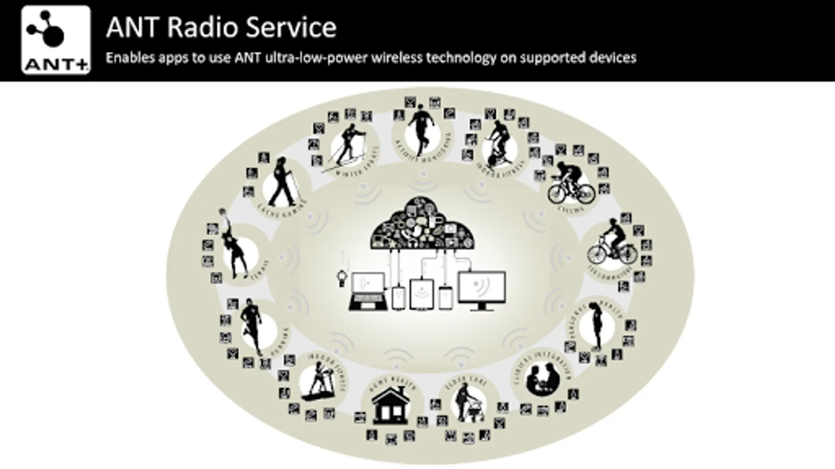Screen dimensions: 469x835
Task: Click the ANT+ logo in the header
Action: (x=56, y=40)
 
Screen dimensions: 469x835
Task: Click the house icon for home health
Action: (x=390, y=408)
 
